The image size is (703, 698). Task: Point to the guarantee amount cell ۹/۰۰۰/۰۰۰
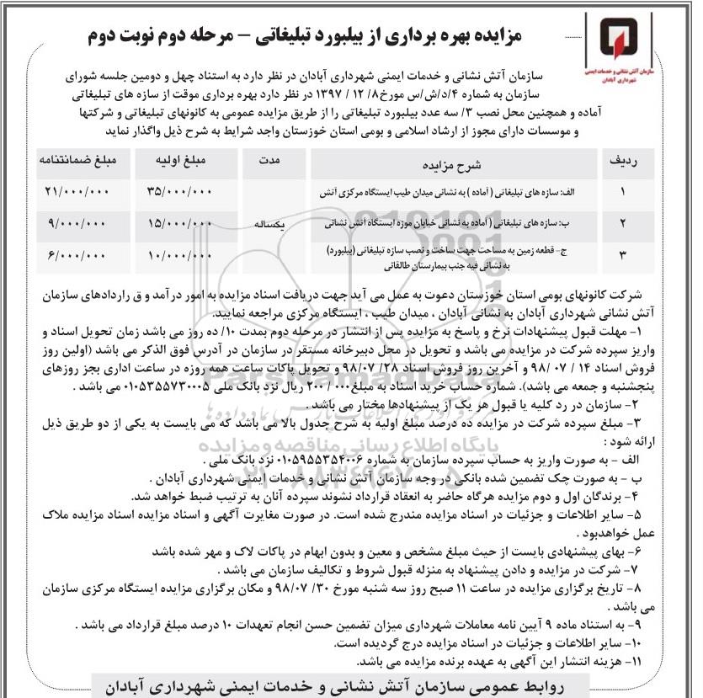coord(77,223)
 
